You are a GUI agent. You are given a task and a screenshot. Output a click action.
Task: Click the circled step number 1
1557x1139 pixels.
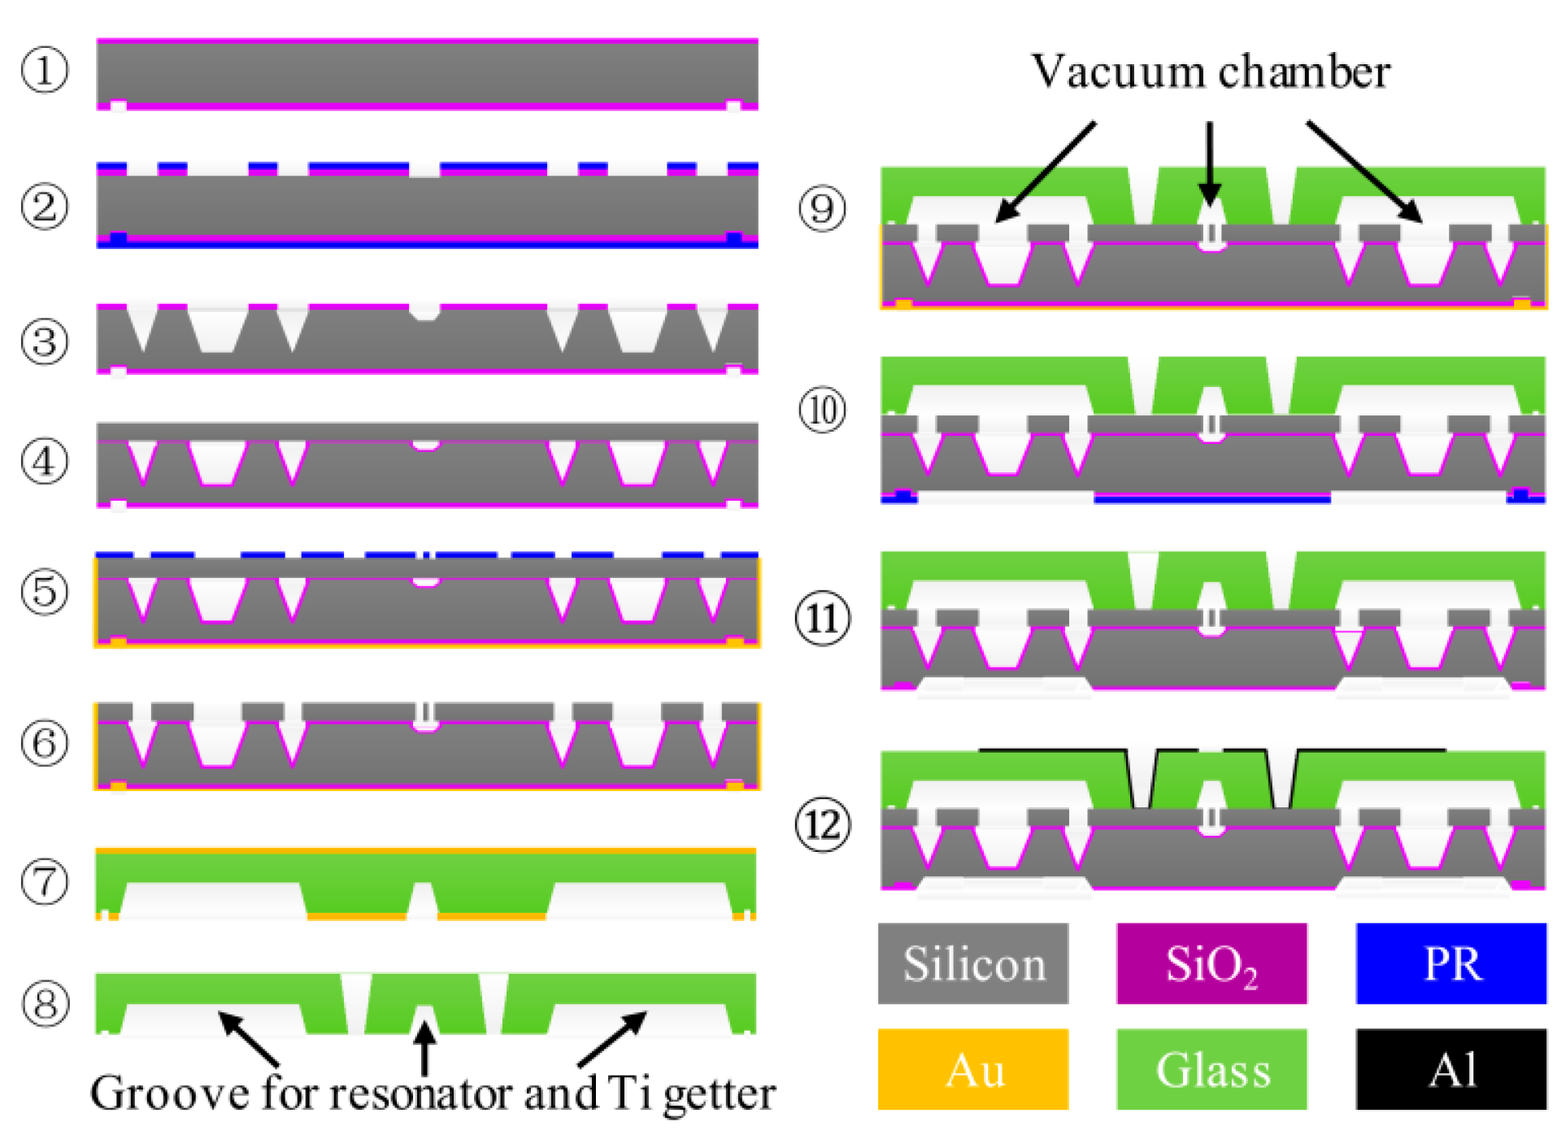click(44, 70)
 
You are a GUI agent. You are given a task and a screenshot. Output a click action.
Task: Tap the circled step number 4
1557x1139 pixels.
click(44, 462)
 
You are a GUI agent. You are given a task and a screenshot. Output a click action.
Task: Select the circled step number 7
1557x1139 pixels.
click(44, 883)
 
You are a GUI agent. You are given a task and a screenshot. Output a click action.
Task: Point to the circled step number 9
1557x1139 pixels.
click(822, 208)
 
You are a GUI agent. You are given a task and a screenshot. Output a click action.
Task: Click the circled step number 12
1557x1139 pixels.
click(822, 825)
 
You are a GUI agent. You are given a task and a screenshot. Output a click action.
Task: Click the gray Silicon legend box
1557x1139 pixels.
click(972, 963)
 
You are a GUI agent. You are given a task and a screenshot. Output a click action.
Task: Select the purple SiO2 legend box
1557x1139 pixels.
click(1211, 963)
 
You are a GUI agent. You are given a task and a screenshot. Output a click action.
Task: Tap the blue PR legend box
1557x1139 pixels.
click(1450, 963)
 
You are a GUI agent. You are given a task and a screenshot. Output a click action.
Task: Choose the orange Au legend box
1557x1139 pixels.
click(972, 1068)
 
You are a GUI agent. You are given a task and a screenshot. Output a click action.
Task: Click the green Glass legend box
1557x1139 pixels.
click(1211, 1068)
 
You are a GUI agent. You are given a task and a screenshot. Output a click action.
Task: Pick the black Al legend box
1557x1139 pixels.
click(1450, 1068)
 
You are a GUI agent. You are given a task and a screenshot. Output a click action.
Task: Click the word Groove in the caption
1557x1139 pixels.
click(169, 1093)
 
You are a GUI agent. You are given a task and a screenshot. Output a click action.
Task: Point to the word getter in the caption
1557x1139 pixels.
click(719, 1094)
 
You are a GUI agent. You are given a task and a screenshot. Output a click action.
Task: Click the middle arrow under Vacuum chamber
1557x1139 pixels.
click(1209, 163)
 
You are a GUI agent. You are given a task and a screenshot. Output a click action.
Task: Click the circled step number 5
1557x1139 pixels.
click(44, 591)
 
